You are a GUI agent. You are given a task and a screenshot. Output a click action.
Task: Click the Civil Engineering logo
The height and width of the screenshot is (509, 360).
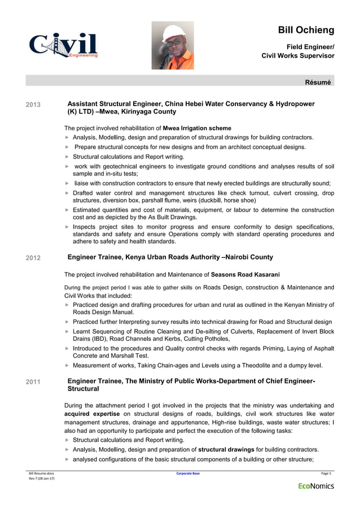point(63,46)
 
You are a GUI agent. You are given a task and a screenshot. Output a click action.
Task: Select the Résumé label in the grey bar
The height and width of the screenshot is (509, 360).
point(318,82)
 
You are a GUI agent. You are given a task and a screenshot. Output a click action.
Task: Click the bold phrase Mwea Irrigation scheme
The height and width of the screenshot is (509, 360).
point(197,128)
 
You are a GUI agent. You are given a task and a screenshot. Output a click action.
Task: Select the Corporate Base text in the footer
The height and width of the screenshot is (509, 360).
point(188,473)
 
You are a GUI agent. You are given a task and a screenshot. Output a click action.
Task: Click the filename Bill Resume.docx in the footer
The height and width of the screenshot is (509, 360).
point(42,473)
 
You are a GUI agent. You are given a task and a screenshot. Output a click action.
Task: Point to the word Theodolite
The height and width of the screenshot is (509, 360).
point(260,366)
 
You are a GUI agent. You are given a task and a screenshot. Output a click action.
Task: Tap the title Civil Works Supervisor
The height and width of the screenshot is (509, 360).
point(298,56)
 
